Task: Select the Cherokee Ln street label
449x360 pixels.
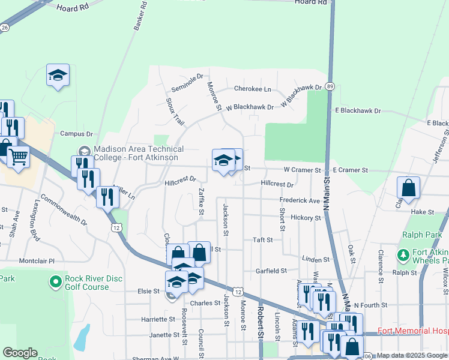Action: [x=253, y=89]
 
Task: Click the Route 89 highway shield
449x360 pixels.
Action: [x=330, y=87]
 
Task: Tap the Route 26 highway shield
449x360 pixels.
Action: [x=5, y=28]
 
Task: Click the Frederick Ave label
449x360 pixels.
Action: [x=300, y=200]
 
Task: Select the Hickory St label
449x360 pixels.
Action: [x=306, y=218]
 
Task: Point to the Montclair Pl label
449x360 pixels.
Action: [x=37, y=261]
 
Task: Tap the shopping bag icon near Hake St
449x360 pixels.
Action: [x=408, y=188]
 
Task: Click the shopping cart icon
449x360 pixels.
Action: [x=19, y=157]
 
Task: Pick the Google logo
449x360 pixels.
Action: [x=21, y=353]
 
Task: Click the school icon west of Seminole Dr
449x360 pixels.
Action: [x=58, y=75]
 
